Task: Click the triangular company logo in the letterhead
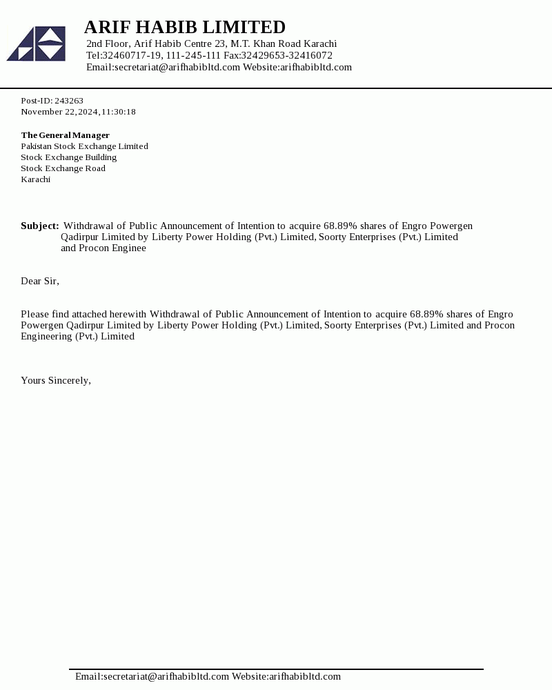click(37, 43)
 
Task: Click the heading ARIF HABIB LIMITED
click(184, 27)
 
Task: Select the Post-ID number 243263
click(69, 101)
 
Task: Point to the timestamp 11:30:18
click(119, 112)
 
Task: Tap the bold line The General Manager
click(65, 135)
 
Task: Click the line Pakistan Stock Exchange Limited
click(84, 146)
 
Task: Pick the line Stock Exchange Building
click(68, 157)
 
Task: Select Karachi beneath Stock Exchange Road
click(35, 179)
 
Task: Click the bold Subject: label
click(39, 226)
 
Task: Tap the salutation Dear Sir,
click(40, 281)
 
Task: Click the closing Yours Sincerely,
click(56, 380)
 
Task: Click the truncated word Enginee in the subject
click(129, 248)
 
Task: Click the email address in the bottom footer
click(152, 676)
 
